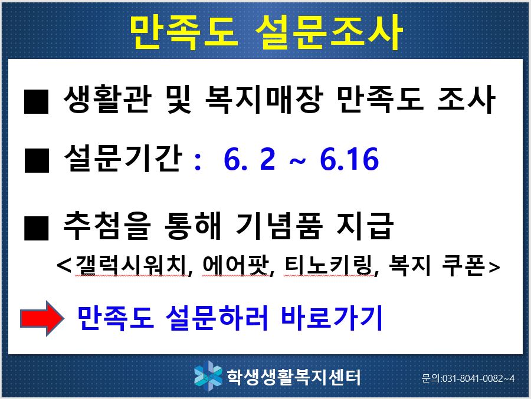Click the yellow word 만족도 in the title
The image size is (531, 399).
(183, 32)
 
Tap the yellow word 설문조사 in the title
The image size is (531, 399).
(329, 32)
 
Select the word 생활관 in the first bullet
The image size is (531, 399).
(107, 99)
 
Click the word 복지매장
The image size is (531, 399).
(263, 99)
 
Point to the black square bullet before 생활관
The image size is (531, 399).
(37, 101)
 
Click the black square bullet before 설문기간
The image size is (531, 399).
(37, 160)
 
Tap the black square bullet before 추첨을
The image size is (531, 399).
(37, 228)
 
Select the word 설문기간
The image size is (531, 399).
(123, 158)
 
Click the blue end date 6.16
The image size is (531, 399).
(349, 159)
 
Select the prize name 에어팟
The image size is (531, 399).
(236, 265)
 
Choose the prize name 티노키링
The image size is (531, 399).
(329, 265)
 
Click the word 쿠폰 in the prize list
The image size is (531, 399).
(464, 265)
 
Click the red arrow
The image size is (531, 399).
(42, 318)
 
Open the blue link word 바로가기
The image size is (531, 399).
(332, 318)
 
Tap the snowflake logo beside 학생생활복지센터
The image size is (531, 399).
(208, 376)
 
